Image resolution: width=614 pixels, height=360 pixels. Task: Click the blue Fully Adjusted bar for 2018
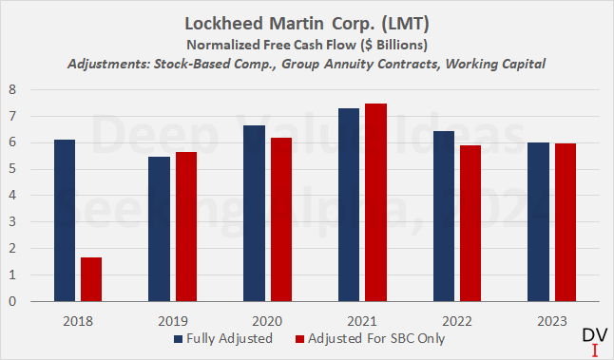(x=65, y=220)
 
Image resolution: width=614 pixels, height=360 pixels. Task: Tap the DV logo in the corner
(x=593, y=341)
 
